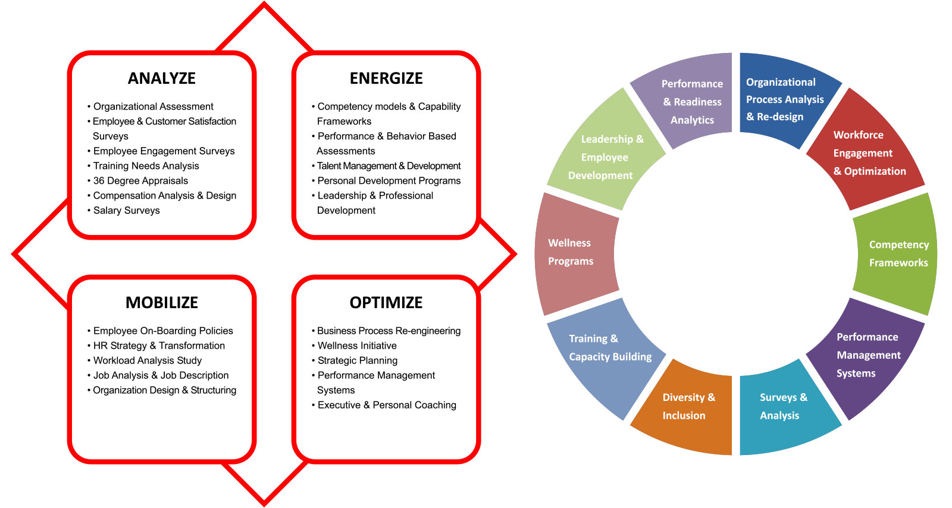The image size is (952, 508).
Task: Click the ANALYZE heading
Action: (162, 79)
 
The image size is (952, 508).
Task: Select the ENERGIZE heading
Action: (386, 79)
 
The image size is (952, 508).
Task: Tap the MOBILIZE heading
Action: (162, 303)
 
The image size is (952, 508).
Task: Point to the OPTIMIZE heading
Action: (386, 303)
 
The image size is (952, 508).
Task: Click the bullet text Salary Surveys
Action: (126, 211)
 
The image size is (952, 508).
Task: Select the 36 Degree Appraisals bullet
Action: (140, 181)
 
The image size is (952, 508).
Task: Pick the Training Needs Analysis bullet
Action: (146, 166)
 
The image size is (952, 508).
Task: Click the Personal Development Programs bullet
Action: (389, 181)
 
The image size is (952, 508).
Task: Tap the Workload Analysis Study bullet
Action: (147, 360)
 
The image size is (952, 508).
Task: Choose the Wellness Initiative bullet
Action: (357, 346)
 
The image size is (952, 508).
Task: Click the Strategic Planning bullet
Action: (357, 360)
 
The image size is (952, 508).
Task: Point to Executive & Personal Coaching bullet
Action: (387, 405)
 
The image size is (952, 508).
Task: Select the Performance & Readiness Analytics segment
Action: (691, 102)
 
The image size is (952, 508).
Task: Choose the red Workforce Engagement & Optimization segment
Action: (866, 153)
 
